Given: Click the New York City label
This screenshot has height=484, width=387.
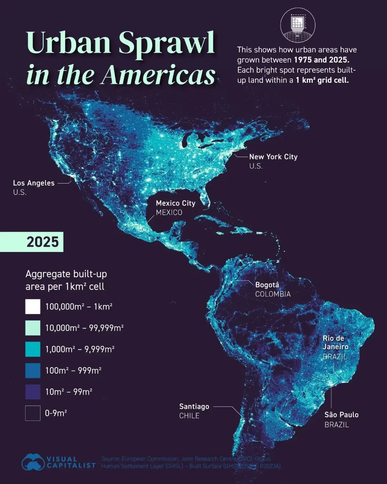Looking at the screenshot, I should click(273, 157).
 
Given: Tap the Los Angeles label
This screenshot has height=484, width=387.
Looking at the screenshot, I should click(34, 183).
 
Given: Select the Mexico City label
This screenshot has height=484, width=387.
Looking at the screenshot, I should click(175, 203).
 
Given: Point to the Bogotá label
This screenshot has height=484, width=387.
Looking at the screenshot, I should click(267, 285).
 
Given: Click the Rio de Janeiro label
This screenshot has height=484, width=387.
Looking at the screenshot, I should click(335, 342).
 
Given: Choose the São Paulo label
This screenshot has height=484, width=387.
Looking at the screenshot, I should click(341, 415).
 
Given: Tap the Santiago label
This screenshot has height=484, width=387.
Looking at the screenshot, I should click(194, 407).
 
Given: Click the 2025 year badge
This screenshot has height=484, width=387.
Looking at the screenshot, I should click(42, 242).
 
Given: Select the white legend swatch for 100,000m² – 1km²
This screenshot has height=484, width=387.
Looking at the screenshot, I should click(33, 307).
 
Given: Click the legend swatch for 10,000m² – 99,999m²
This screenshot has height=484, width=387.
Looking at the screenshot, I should click(33, 328).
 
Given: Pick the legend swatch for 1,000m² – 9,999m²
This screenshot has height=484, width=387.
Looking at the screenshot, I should click(33, 349).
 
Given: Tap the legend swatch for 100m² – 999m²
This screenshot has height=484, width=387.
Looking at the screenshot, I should click(33, 370).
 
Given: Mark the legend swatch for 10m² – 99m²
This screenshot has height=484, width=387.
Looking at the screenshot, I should click(33, 392).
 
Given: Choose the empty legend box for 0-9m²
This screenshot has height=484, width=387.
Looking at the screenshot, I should click(33, 413).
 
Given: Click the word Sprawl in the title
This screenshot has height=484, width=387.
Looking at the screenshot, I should click(167, 43).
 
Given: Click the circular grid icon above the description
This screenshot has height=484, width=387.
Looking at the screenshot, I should click(297, 25).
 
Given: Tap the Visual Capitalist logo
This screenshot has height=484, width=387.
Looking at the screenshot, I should click(59, 462).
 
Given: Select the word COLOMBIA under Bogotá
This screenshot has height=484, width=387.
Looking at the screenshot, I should click(273, 294).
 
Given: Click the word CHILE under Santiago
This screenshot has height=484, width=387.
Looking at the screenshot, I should click(189, 416).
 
